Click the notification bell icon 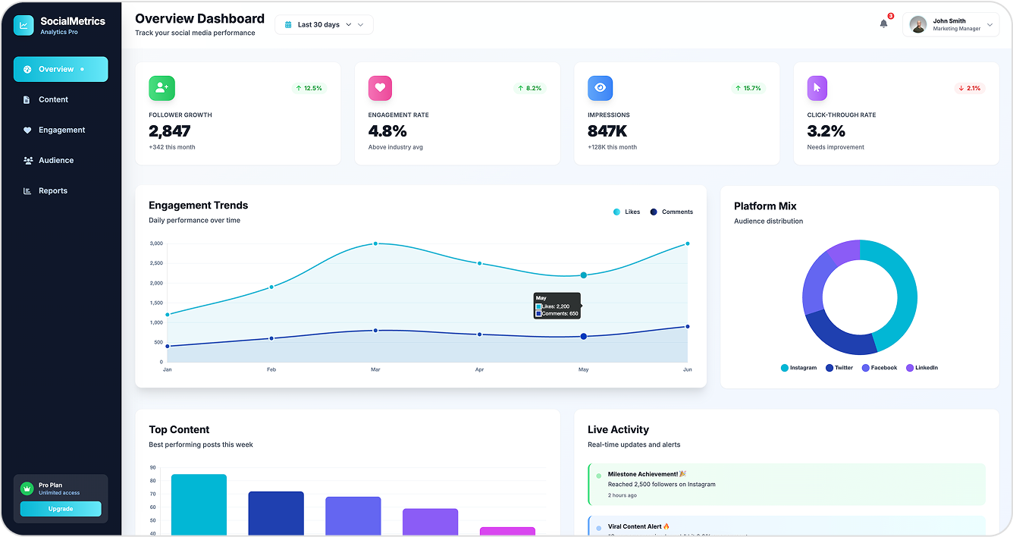pos(883,24)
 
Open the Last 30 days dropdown pos(324,25)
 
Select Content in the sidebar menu pos(53,99)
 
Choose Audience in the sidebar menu pos(56,160)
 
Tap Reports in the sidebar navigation pos(53,190)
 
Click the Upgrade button pos(61,509)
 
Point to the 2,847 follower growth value pos(170,131)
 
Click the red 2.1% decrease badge pos(969,88)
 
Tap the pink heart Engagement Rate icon pos(380,88)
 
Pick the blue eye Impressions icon pos(600,88)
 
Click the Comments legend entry pos(672,212)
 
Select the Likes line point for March pos(375,243)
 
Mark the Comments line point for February pos(271,338)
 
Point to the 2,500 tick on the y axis pos(156,263)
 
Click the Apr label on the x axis pos(479,369)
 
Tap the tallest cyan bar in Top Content pos(199,504)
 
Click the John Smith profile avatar pos(918,24)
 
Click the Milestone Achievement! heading pos(643,474)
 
